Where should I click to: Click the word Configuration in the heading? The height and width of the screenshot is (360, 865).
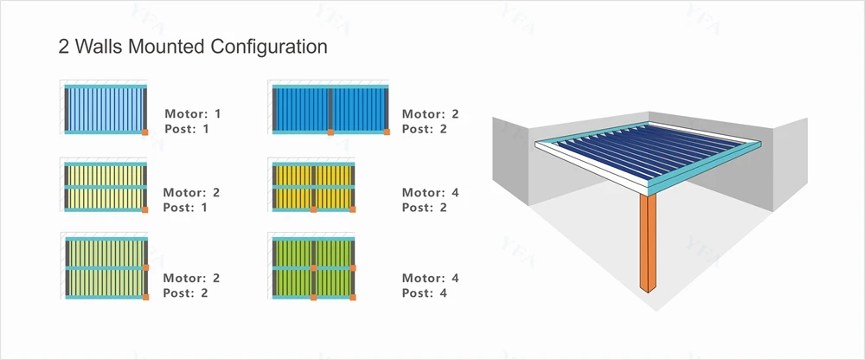tap(269, 47)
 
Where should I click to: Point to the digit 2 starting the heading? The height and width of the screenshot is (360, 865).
tap(64, 47)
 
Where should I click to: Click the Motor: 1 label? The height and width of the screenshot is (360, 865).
tap(193, 113)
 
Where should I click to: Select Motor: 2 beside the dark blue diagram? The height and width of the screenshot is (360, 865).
tap(430, 113)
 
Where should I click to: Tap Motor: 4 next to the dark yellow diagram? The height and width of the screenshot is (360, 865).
tap(430, 193)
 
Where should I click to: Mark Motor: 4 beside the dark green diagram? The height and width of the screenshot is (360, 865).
tap(430, 279)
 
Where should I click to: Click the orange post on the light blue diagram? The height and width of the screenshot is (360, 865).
tap(145, 132)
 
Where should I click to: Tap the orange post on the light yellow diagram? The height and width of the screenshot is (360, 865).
tap(145, 209)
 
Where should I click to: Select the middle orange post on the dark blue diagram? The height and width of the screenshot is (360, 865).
tap(330, 132)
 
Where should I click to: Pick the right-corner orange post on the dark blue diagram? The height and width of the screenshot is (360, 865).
tap(387, 132)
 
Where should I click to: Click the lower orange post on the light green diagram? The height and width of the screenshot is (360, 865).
tap(145, 297)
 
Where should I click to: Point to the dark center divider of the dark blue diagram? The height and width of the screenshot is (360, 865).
tap(330, 108)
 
